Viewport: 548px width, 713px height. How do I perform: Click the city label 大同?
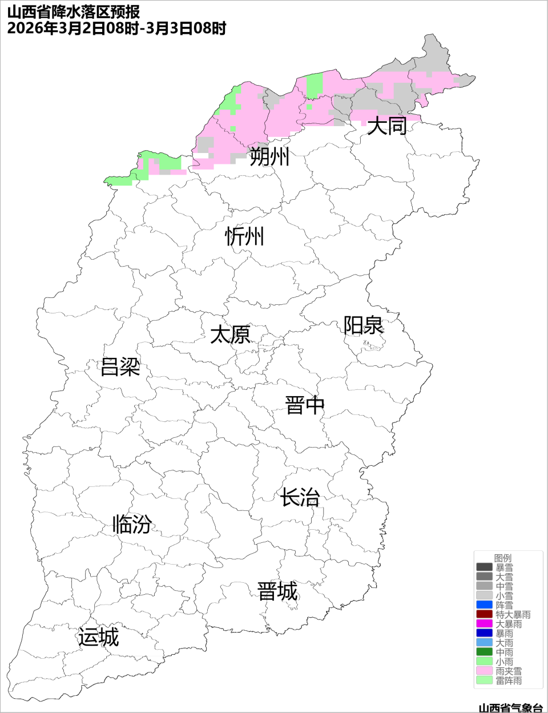click(387, 126)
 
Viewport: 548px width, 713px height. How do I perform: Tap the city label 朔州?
click(269, 156)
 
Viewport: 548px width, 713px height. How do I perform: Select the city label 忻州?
click(244, 236)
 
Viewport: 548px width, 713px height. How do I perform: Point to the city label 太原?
click(230, 335)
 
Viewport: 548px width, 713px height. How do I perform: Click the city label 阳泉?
click(363, 325)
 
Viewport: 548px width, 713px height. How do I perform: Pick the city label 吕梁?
click(120, 367)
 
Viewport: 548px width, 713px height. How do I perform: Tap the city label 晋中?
click(305, 405)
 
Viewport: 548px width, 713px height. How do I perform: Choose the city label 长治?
click(300, 497)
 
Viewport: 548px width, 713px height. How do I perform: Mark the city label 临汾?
click(132, 524)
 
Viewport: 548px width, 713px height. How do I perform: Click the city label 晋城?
click(278, 591)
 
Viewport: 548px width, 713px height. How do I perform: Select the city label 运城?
click(99, 637)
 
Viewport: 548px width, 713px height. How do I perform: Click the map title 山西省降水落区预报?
click(74, 12)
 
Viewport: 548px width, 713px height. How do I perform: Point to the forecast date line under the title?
click(116, 29)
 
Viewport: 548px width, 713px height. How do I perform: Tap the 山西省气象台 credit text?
click(510, 708)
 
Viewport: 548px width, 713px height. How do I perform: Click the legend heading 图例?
click(503, 558)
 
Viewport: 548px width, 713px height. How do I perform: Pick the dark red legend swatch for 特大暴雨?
click(484, 614)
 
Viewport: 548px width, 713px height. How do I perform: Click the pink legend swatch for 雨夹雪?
click(484, 671)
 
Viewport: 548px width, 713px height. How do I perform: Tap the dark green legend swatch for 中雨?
click(484, 652)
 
